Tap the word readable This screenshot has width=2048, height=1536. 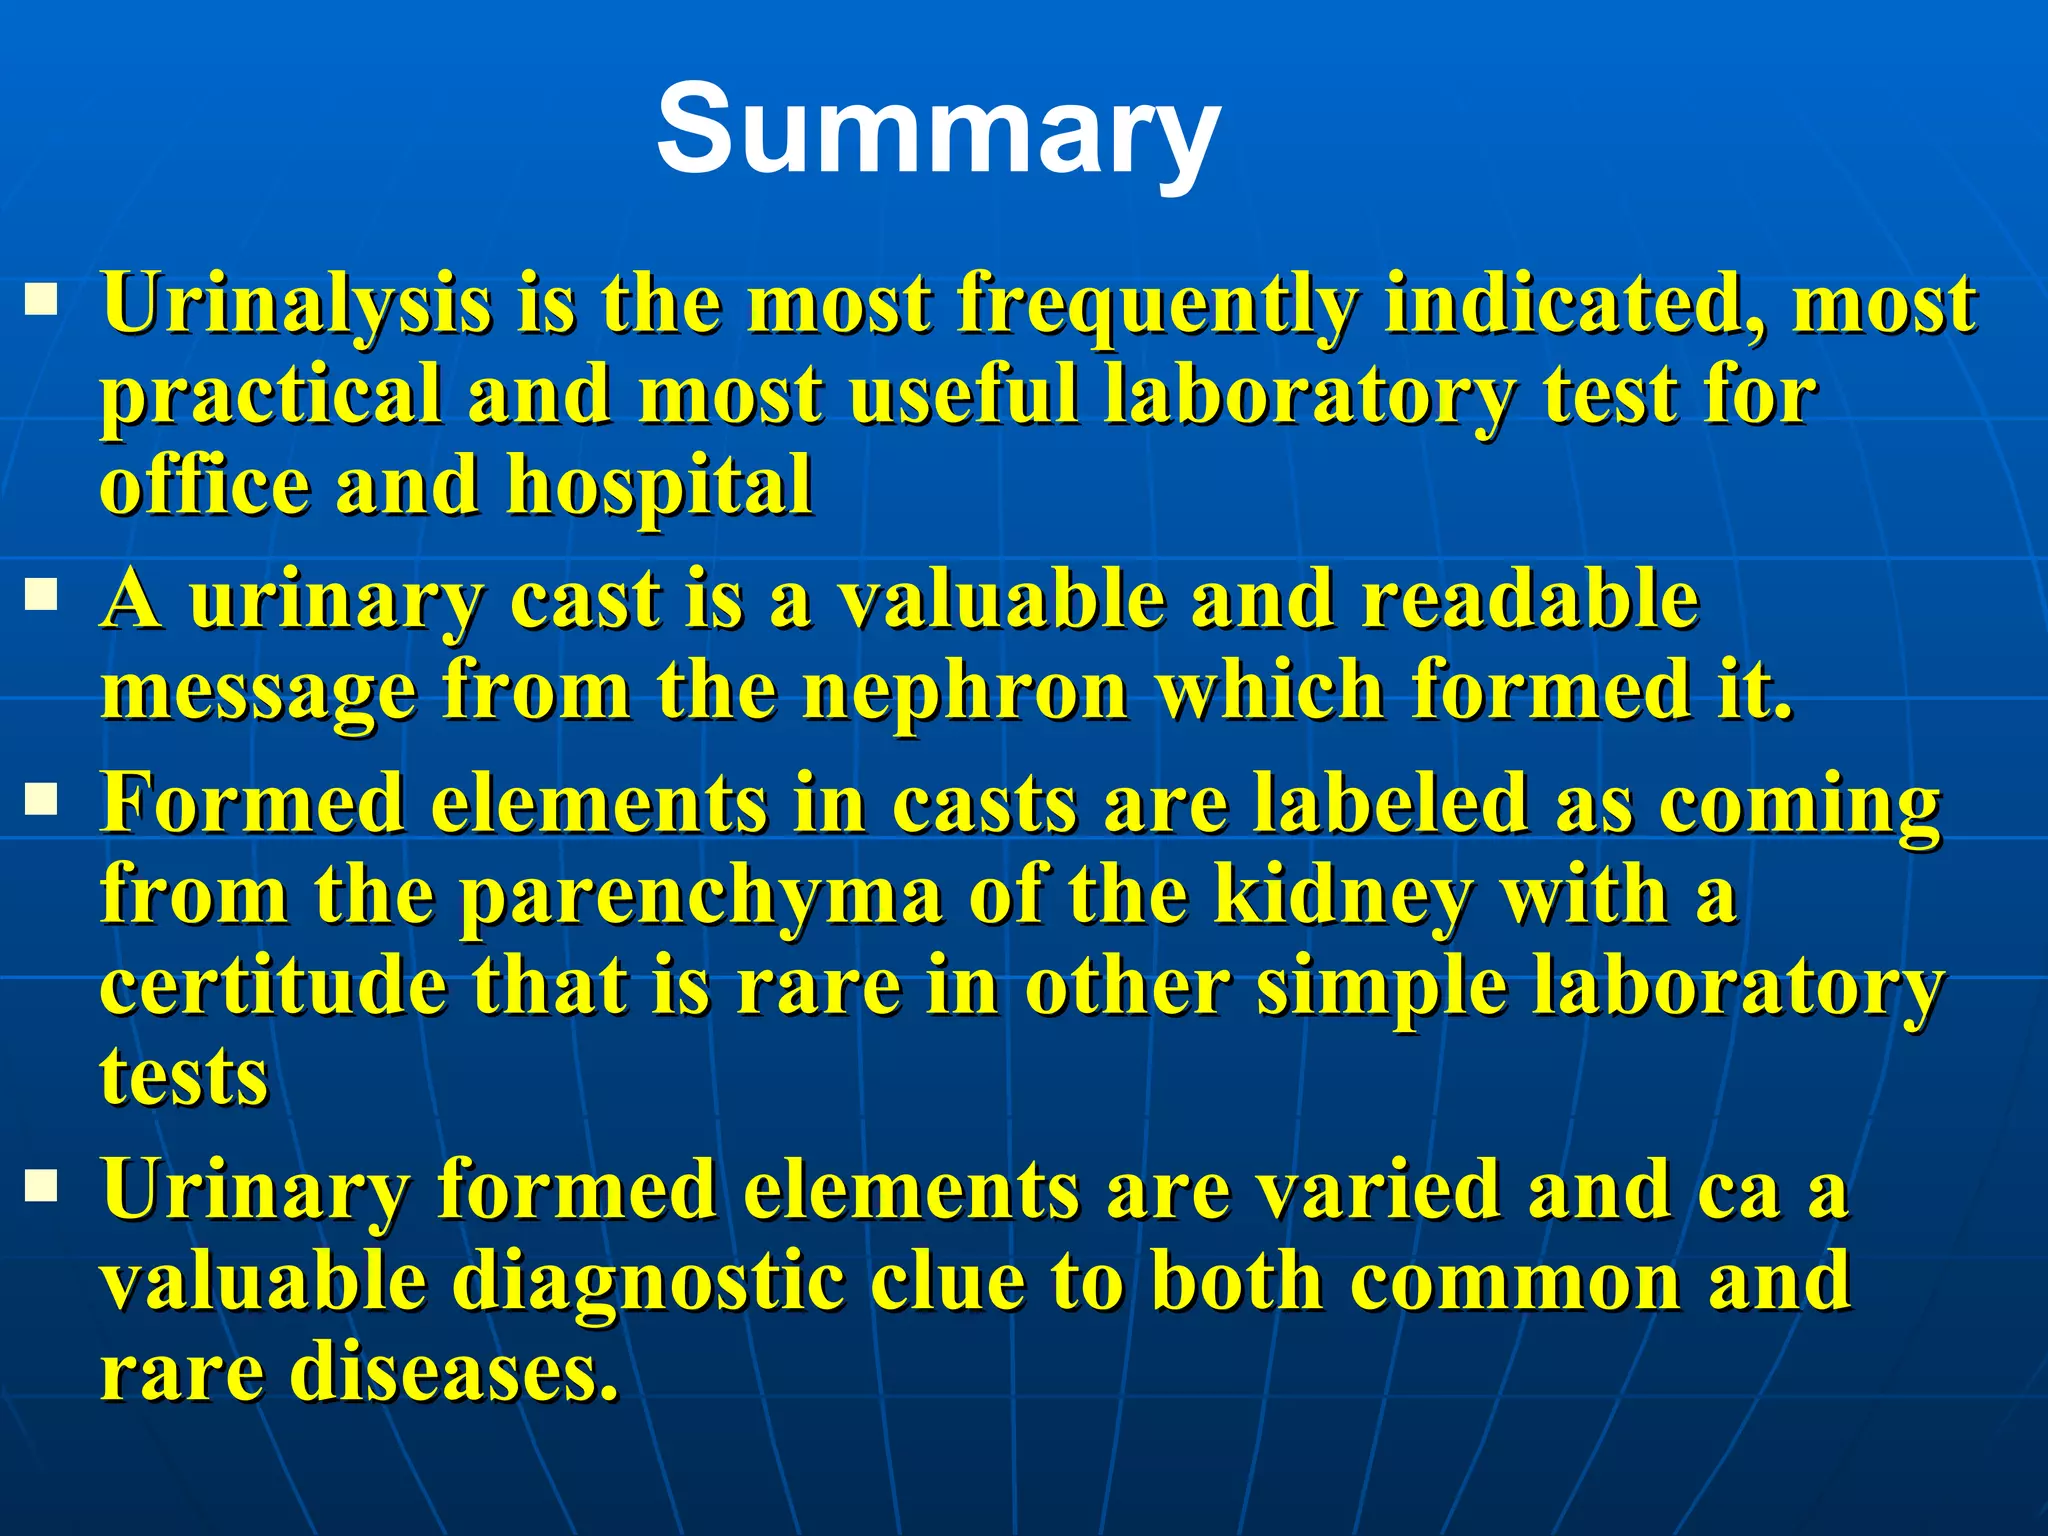[1530, 600]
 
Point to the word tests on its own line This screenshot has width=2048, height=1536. [184, 1078]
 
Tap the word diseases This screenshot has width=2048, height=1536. [455, 1372]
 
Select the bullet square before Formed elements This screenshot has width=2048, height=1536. [41, 799]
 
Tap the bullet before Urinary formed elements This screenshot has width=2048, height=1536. [41, 1187]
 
